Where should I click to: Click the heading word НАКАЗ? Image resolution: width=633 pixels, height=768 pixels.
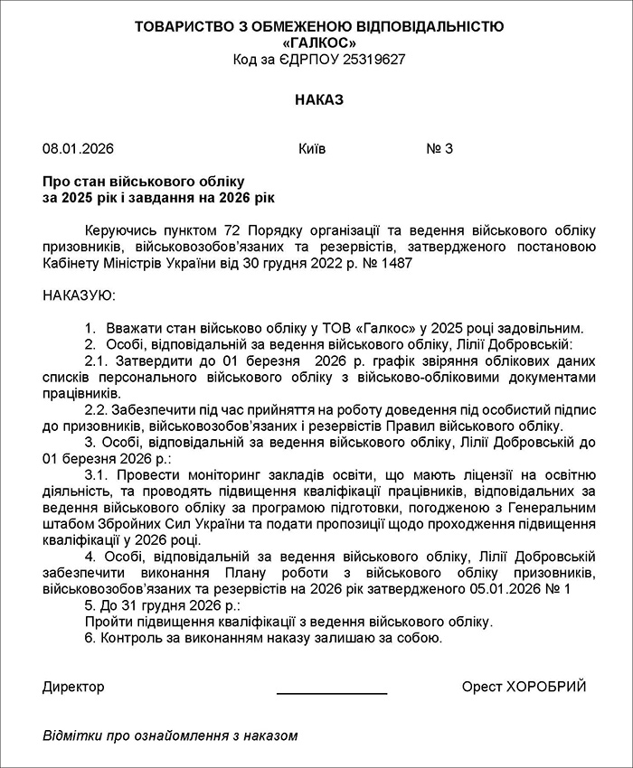click(319, 99)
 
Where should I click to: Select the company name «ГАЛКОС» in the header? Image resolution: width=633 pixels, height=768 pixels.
click(319, 42)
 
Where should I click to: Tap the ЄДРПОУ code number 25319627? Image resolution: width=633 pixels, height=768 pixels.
click(367, 59)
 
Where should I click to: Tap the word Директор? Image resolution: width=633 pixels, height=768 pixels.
click(73, 687)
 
